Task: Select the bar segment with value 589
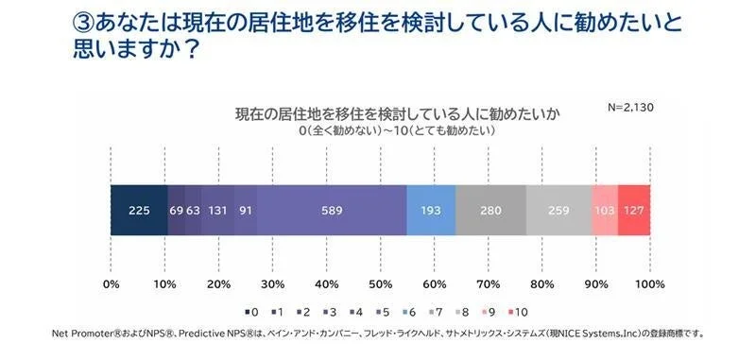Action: pyautogui.click(x=332, y=210)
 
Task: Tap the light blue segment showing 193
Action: pyautogui.click(x=431, y=210)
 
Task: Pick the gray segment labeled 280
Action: pyautogui.click(x=490, y=210)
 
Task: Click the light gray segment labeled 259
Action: pyautogui.click(x=558, y=210)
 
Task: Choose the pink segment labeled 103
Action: pyautogui.click(x=605, y=210)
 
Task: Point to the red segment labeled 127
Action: pyautogui.click(x=634, y=210)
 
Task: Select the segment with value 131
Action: pyautogui.click(x=218, y=210)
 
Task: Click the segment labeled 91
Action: pyautogui.click(x=246, y=210)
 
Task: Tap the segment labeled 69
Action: pyautogui.click(x=176, y=210)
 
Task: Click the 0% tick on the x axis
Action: pyautogui.click(x=111, y=283)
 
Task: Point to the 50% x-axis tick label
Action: pyautogui.click(x=380, y=283)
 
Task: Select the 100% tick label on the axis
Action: pyautogui.click(x=649, y=283)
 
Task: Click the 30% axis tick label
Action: pyautogui.click(x=272, y=283)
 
